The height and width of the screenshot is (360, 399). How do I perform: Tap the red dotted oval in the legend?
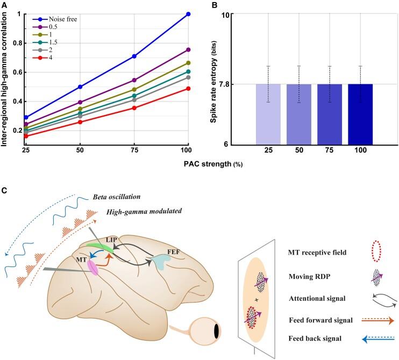376,250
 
